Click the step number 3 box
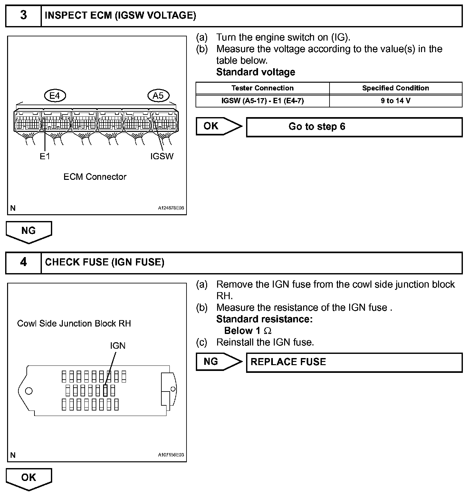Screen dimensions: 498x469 coord(24,15)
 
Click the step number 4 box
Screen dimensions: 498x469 coord(24,262)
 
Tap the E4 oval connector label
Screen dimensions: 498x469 coord(55,96)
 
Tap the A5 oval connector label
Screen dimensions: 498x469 coord(158,96)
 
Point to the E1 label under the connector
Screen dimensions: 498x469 coord(45,156)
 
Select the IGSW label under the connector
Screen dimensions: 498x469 coord(162,156)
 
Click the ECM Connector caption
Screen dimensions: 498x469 coord(95,177)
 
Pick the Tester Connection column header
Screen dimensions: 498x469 coord(263,88)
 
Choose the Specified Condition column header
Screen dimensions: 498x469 coord(396,88)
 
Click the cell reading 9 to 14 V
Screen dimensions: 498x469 coord(396,101)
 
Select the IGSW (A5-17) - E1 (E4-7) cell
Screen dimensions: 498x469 coord(263,101)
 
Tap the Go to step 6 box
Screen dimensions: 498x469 coord(354,127)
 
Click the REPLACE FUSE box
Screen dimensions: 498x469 coord(354,362)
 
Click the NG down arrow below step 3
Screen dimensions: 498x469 coord(29,231)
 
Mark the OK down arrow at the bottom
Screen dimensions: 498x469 coord(29,478)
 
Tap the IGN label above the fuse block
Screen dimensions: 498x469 coord(118,346)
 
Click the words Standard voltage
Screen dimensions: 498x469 coord(255,72)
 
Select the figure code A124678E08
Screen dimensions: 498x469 coord(171,208)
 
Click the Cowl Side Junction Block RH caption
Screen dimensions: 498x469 coord(74,323)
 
